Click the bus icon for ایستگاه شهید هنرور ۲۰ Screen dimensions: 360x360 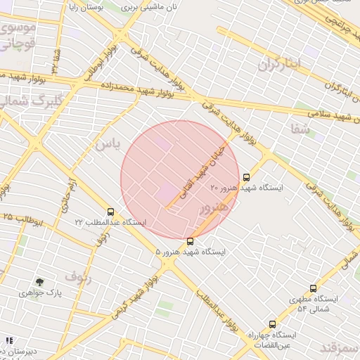pyautogui.click(x=246, y=177)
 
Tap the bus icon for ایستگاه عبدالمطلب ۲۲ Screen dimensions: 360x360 pyautogui.click(x=110, y=212)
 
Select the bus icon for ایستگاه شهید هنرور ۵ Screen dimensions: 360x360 pyautogui.click(x=190, y=241)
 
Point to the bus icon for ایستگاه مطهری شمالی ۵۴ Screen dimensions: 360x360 pyautogui.click(x=313, y=288)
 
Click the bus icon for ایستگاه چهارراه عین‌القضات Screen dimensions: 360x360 pyautogui.click(x=272, y=325)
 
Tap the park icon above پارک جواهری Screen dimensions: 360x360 pyautogui.click(x=39, y=282)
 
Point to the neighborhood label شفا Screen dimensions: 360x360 pyautogui.click(x=300, y=128)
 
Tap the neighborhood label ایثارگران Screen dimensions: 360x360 pyautogui.click(x=278, y=65)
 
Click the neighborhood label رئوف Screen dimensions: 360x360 pyautogui.click(x=78, y=276)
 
